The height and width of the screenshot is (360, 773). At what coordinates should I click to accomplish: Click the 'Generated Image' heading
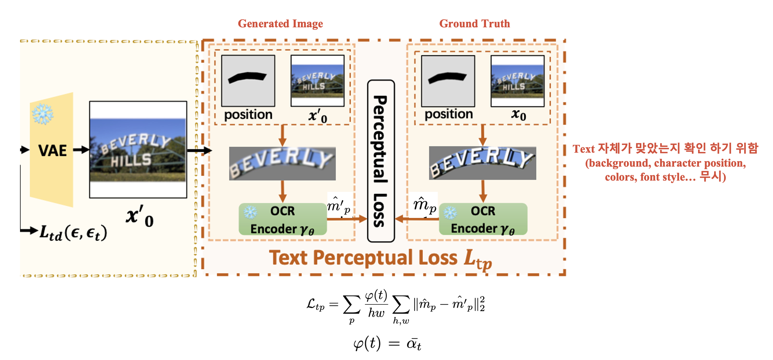click(x=280, y=24)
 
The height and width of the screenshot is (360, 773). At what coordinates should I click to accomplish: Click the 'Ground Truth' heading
click(x=474, y=24)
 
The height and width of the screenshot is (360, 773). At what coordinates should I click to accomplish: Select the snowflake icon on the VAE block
click(x=43, y=114)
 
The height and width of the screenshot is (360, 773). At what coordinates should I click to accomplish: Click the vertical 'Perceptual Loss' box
click(x=381, y=161)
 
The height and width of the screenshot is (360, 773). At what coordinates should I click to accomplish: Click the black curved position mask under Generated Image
click(x=247, y=77)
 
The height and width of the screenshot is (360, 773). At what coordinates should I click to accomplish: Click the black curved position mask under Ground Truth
click(x=447, y=77)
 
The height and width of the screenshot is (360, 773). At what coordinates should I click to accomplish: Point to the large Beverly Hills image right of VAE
click(x=138, y=149)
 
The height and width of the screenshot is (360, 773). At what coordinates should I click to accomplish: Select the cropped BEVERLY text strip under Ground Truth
click(x=482, y=163)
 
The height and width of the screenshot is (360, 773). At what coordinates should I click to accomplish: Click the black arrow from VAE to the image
click(x=81, y=150)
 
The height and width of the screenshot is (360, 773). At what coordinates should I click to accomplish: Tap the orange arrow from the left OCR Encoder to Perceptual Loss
click(x=347, y=219)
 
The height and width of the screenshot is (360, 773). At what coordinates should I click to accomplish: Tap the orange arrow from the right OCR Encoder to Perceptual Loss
click(x=417, y=219)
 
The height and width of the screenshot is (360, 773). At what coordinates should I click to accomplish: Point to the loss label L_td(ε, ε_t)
click(x=73, y=233)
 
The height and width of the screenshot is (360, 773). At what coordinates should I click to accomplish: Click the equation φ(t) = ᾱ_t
click(x=387, y=344)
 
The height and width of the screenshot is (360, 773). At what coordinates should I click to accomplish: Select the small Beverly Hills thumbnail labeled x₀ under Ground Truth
click(x=517, y=81)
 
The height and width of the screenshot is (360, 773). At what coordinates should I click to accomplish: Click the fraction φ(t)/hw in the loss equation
click(x=376, y=304)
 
